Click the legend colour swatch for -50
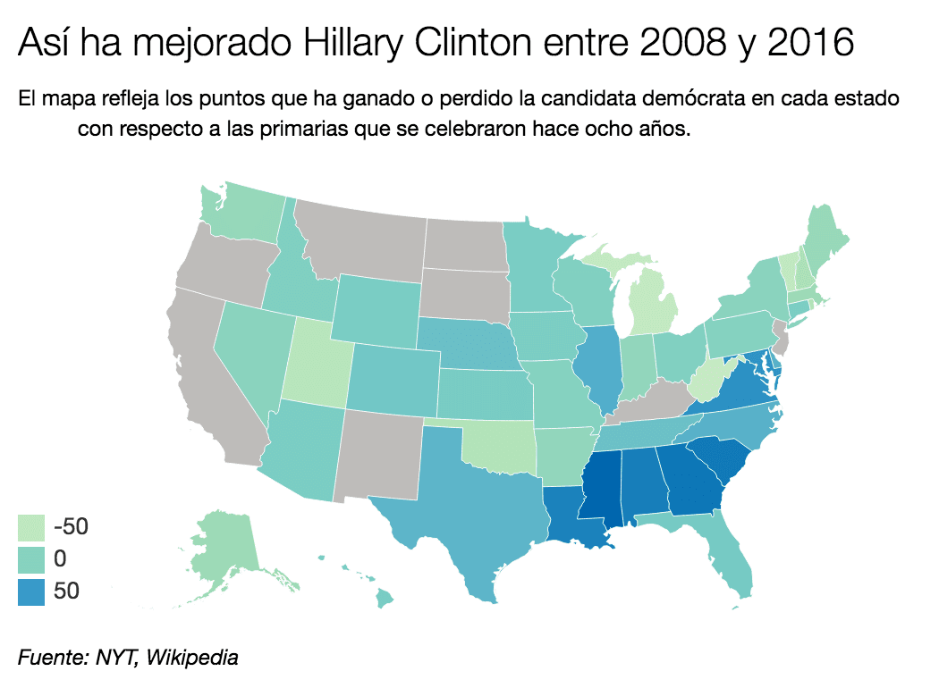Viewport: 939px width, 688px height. (30, 526)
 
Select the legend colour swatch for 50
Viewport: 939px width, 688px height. (30, 591)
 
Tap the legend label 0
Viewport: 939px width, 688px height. (60, 559)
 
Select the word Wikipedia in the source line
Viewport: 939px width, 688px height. (193, 659)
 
